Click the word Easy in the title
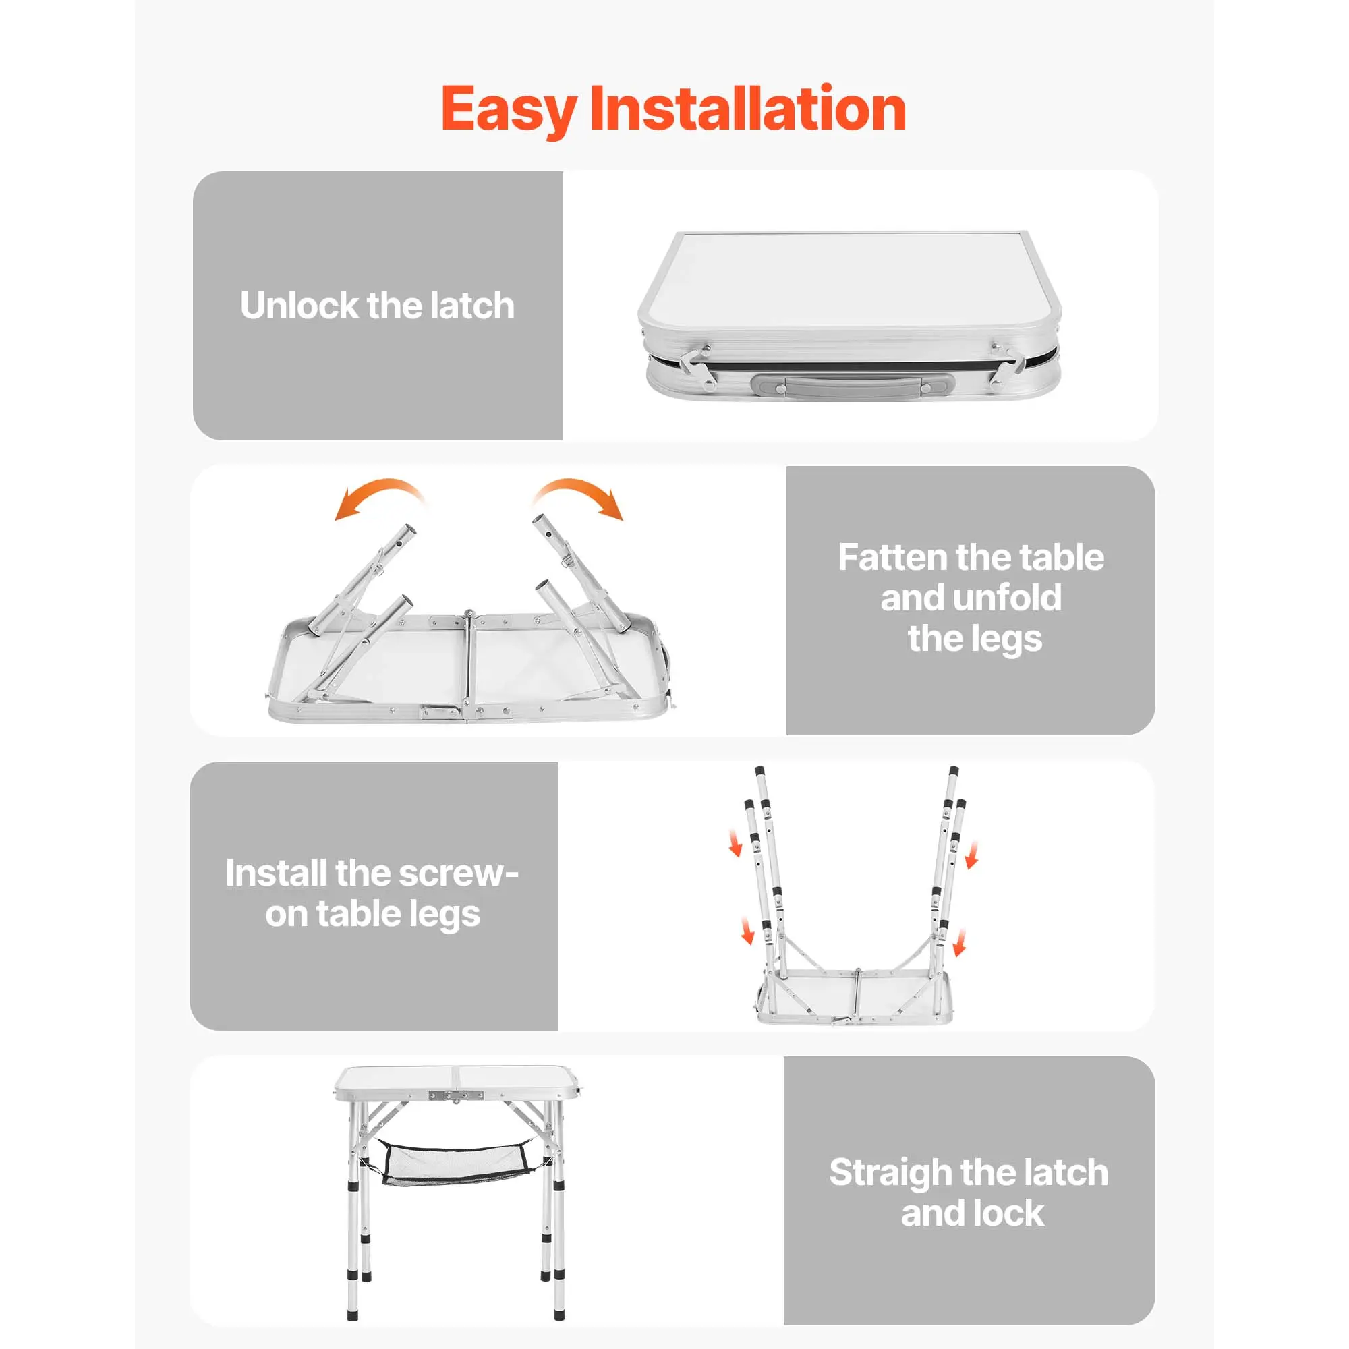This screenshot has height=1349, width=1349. click(509, 111)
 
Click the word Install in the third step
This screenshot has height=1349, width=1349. click(276, 873)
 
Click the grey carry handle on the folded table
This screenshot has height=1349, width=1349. click(853, 385)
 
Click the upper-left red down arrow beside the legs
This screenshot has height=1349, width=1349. click(735, 842)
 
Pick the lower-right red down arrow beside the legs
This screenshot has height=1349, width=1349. click(960, 943)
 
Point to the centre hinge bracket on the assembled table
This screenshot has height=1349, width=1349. click(456, 1097)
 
